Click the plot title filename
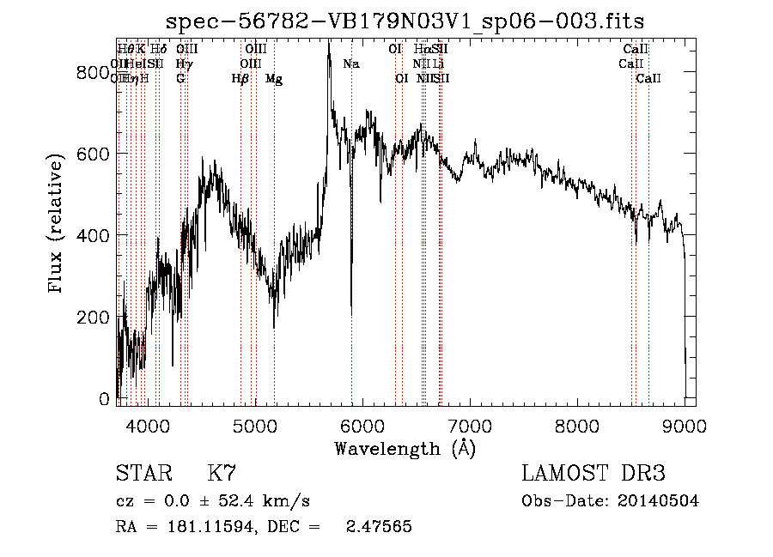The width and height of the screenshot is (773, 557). (405, 21)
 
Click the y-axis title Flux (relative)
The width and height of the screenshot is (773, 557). (57, 225)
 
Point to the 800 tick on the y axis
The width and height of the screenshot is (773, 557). (95, 74)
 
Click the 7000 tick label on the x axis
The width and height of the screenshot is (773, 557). (470, 423)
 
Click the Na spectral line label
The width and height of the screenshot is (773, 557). (350, 64)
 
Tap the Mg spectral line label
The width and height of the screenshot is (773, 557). (274, 79)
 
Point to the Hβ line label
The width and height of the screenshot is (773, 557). (240, 79)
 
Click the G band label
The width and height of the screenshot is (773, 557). (180, 79)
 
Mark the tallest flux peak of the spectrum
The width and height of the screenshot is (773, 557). (328, 43)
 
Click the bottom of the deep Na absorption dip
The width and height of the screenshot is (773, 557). (351, 314)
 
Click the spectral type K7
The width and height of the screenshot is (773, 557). (222, 474)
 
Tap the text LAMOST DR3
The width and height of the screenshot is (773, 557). (593, 474)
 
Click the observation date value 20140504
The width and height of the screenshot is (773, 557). (660, 501)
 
